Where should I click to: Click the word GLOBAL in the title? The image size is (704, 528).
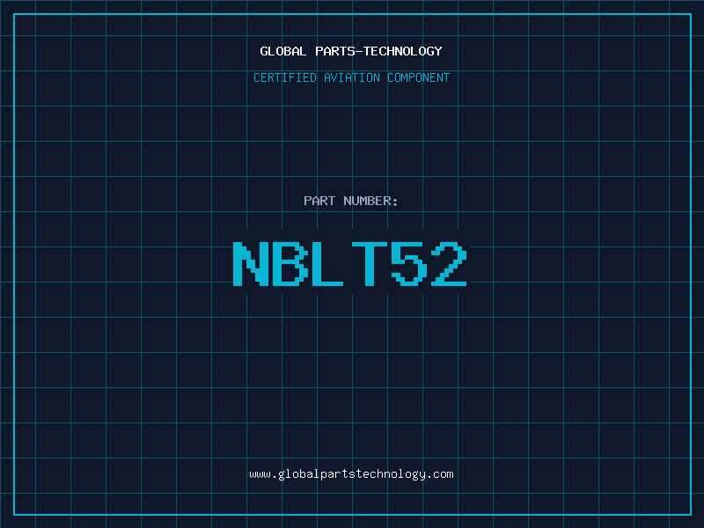point(282,51)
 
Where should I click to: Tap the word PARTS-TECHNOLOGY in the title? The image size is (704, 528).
point(378,51)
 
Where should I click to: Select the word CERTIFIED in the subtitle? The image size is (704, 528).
point(284,77)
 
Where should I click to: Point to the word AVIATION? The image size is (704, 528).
point(351,77)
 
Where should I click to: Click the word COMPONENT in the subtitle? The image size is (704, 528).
point(418,77)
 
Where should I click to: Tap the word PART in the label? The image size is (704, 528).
point(319,201)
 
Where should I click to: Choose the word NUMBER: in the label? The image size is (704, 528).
point(370,201)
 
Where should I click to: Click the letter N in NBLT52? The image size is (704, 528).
point(251,264)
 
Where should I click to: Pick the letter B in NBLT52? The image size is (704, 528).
point(290,264)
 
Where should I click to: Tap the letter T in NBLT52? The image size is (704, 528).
point(369,264)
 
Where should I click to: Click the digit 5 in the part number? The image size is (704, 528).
point(409,264)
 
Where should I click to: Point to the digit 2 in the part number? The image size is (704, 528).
point(449,264)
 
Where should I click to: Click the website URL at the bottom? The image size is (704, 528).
point(351,474)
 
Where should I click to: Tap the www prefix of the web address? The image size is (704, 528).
point(260,474)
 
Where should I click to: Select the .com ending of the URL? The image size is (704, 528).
point(440,474)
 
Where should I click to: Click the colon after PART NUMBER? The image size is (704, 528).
point(395,202)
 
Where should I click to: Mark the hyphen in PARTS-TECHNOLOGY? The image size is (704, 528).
point(358,52)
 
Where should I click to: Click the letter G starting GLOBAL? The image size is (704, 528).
point(264,51)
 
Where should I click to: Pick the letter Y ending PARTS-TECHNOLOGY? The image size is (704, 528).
point(437,51)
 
